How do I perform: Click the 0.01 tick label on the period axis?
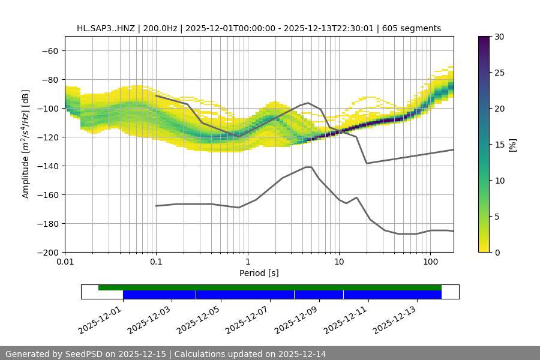coord(65,262)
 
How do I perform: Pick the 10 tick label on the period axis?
coord(339,262)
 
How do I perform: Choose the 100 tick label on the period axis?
coord(430,262)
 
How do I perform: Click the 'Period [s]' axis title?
coord(259,273)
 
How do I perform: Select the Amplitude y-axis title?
coord(26,144)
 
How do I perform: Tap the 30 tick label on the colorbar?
coord(499,37)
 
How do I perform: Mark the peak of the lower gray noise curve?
coord(308,167)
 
